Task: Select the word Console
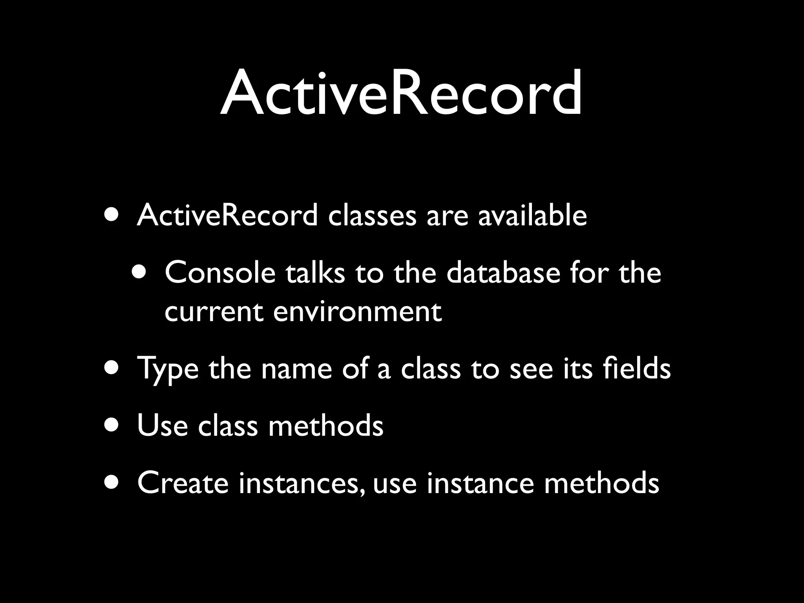[x=220, y=272]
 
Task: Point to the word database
[x=503, y=272]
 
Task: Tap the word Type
[x=168, y=369]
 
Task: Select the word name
[x=296, y=369]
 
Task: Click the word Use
[x=162, y=426]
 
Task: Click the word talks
[x=315, y=272]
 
